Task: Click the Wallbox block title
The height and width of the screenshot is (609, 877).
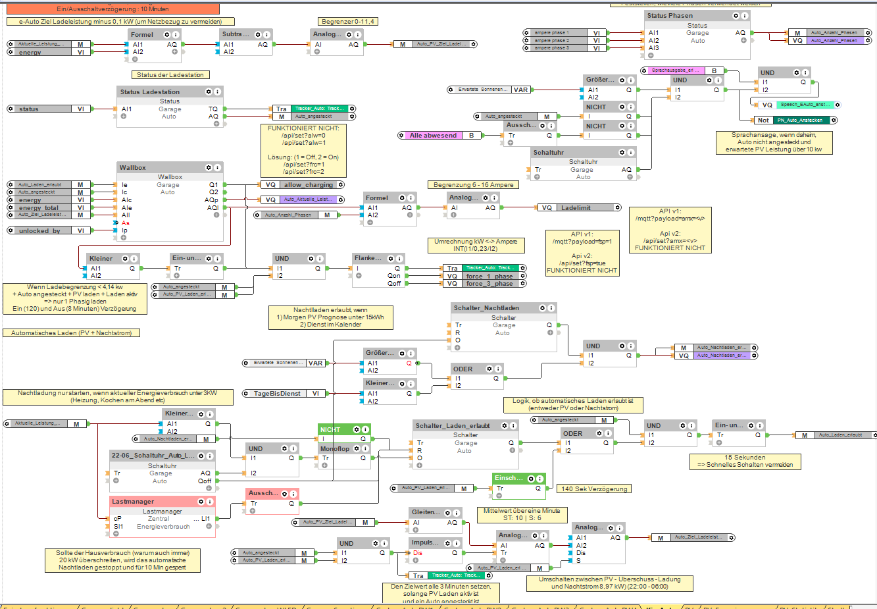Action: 133,168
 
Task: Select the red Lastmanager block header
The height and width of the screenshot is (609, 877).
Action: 133,502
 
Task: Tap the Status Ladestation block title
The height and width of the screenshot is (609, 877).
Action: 150,92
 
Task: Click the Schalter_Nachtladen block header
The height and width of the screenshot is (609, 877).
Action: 486,308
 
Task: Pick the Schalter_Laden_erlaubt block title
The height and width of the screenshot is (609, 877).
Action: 453,426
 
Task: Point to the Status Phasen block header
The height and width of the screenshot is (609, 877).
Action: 670,16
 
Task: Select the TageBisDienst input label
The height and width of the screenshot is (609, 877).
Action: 277,394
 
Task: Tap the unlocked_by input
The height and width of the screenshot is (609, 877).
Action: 39,231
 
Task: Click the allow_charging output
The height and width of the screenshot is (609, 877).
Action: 308,185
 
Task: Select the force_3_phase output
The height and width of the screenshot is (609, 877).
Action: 489,284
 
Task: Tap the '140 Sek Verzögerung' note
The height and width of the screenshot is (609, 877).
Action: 594,489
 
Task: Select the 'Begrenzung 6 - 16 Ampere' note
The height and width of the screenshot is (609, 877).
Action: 473,185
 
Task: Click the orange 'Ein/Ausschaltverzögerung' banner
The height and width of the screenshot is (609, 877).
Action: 113,9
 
